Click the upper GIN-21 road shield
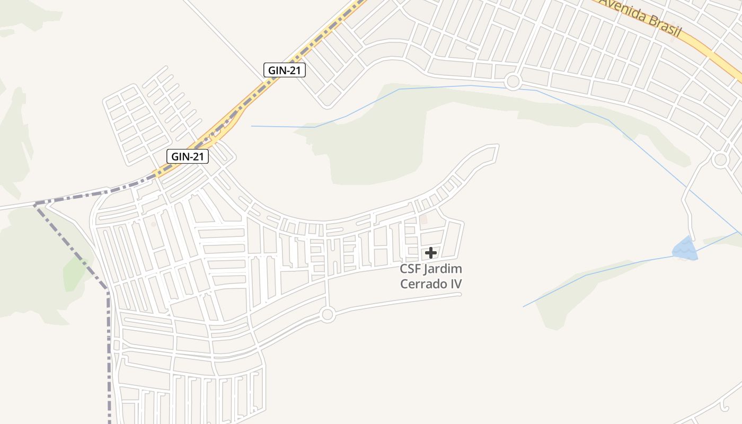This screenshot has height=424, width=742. (285, 70)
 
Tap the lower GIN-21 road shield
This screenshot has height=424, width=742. (188, 156)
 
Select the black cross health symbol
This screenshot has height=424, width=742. (431, 253)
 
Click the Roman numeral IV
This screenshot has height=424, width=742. (456, 284)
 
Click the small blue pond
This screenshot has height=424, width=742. (684, 249)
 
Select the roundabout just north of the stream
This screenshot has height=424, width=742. (513, 82)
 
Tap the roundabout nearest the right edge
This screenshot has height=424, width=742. (720, 160)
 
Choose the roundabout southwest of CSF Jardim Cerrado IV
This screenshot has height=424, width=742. (328, 315)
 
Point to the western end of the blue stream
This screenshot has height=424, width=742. (252, 126)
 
